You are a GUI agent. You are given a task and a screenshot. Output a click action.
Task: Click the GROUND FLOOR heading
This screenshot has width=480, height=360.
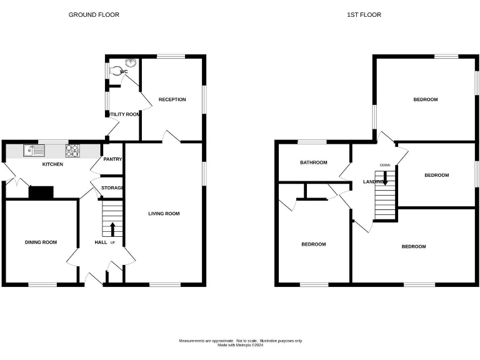pyautogui.click(x=94, y=14)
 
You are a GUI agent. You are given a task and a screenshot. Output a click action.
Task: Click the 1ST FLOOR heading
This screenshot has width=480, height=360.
pyautogui.click(x=364, y=14)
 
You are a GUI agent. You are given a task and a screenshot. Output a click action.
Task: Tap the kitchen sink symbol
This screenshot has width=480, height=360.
pyautogui.click(x=34, y=150)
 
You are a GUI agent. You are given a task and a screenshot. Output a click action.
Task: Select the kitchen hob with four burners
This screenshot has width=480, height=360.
pyautogui.click(x=72, y=150)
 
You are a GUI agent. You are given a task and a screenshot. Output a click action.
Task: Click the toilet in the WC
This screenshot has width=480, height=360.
pyautogui.click(x=117, y=71)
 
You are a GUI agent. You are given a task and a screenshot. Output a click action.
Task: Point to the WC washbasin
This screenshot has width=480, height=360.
pyautogui.click(x=131, y=62)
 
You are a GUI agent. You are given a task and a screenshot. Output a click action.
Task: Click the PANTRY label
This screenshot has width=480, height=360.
pyautogui.click(x=112, y=159)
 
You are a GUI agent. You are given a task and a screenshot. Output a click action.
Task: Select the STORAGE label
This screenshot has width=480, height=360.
pyautogui.click(x=112, y=187)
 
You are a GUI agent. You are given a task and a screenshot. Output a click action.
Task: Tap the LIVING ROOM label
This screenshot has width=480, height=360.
pyautogui.click(x=164, y=214)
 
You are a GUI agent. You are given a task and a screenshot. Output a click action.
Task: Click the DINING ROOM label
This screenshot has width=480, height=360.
pyautogui.click(x=41, y=242)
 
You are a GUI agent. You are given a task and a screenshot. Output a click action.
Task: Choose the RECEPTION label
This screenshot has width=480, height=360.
pyautogui.click(x=172, y=99)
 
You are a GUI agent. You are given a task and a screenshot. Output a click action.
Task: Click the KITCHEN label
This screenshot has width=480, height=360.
pyautogui.click(x=52, y=164)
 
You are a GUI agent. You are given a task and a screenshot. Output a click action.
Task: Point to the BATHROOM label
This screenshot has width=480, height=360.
pyautogui.click(x=313, y=162)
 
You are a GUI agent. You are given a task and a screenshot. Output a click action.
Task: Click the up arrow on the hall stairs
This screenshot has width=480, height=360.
pyautogui.click(x=112, y=229)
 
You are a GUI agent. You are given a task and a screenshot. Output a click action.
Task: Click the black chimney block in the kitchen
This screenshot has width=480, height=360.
pyautogui.click(x=41, y=193)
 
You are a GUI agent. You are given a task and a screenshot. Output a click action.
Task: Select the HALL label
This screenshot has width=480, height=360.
pyautogui.click(x=101, y=242)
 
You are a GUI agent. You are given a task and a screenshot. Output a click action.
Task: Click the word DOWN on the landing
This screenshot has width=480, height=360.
pyautogui.click(x=385, y=166)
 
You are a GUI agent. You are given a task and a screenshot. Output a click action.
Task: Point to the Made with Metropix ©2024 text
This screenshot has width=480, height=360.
pyautogui.click(x=240, y=345)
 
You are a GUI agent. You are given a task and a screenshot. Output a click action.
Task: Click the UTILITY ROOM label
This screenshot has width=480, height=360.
pyautogui.click(x=124, y=114)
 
